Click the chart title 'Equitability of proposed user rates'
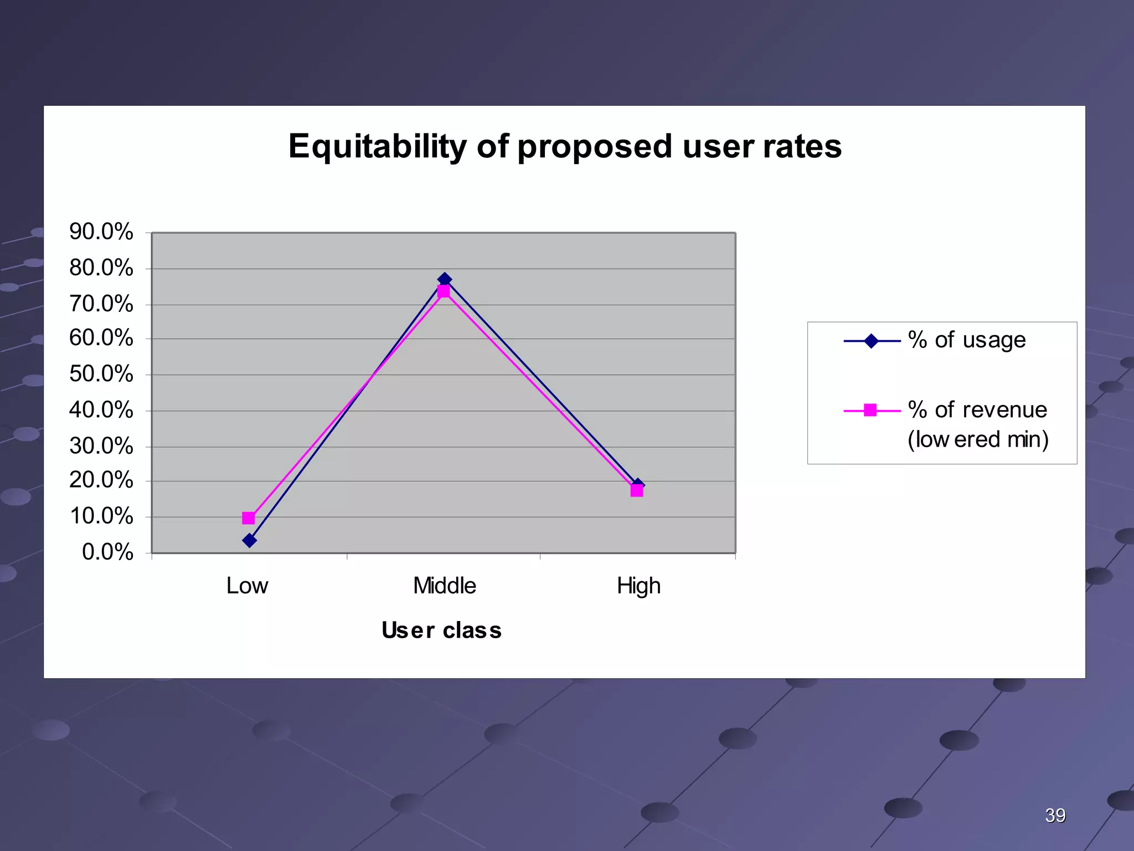(x=565, y=147)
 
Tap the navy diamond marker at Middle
(x=445, y=279)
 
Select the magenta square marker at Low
(x=249, y=518)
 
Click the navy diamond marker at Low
(x=250, y=540)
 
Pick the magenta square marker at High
(x=637, y=491)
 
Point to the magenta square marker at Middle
(x=444, y=291)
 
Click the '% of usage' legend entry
(x=966, y=340)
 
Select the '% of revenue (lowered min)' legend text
(x=978, y=424)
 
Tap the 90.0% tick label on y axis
(x=101, y=232)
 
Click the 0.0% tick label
(x=108, y=552)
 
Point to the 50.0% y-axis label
(x=101, y=374)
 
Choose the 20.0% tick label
(x=101, y=480)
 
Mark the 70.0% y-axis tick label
(x=101, y=304)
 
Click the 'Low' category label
(x=247, y=586)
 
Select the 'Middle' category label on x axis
(x=445, y=586)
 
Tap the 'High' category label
(x=638, y=586)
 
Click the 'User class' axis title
(x=442, y=630)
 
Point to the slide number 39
(x=1055, y=816)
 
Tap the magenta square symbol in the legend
(x=870, y=411)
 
